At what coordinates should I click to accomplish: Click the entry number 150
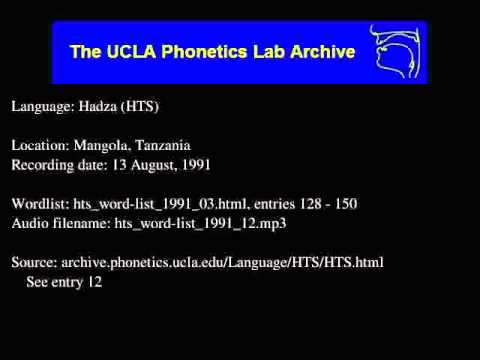click(341, 204)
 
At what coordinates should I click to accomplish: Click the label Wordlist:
click(39, 204)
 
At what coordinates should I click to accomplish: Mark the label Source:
click(34, 262)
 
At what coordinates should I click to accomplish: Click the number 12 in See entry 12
click(95, 282)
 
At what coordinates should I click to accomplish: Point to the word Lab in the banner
click(258, 51)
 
